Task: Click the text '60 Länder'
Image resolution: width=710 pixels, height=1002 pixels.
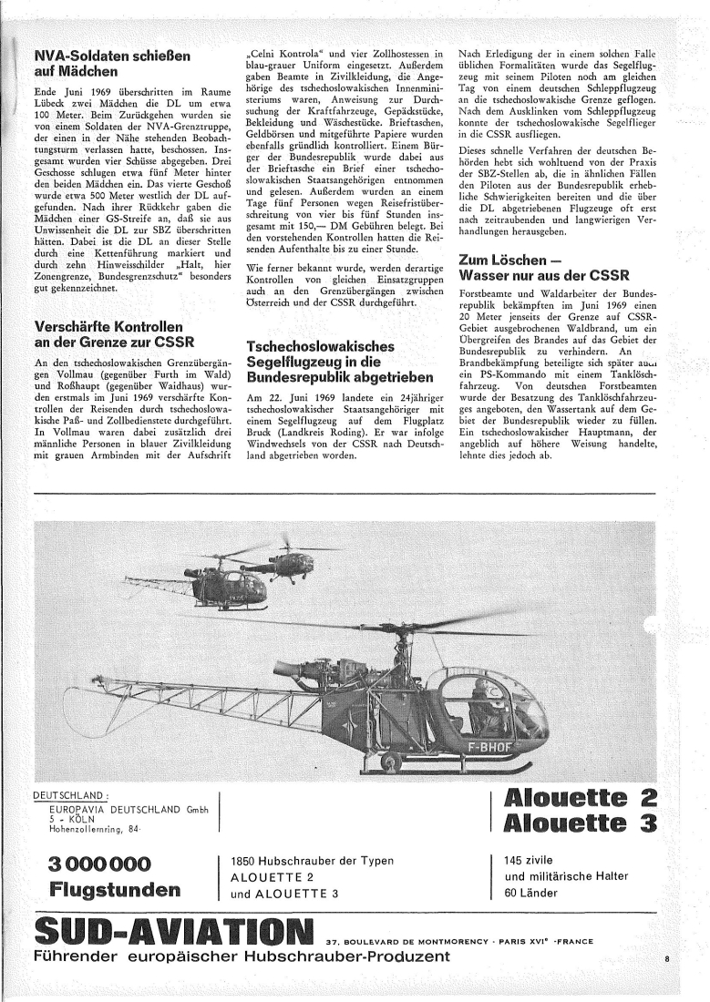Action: click(531, 893)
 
